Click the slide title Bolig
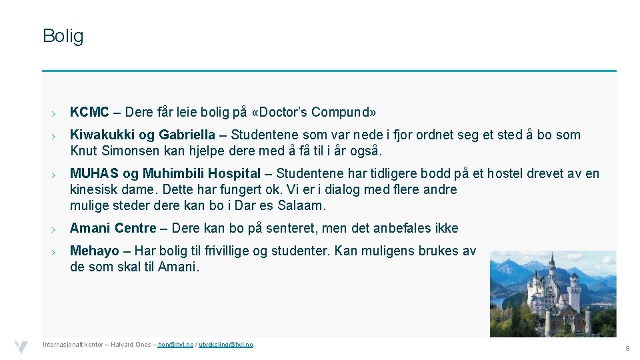pos(63,36)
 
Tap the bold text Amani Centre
pos(113,228)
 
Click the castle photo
pos(553,293)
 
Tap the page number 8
pos(627,349)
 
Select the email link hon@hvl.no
pos(175,344)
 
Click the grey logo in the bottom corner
pos(22,347)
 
